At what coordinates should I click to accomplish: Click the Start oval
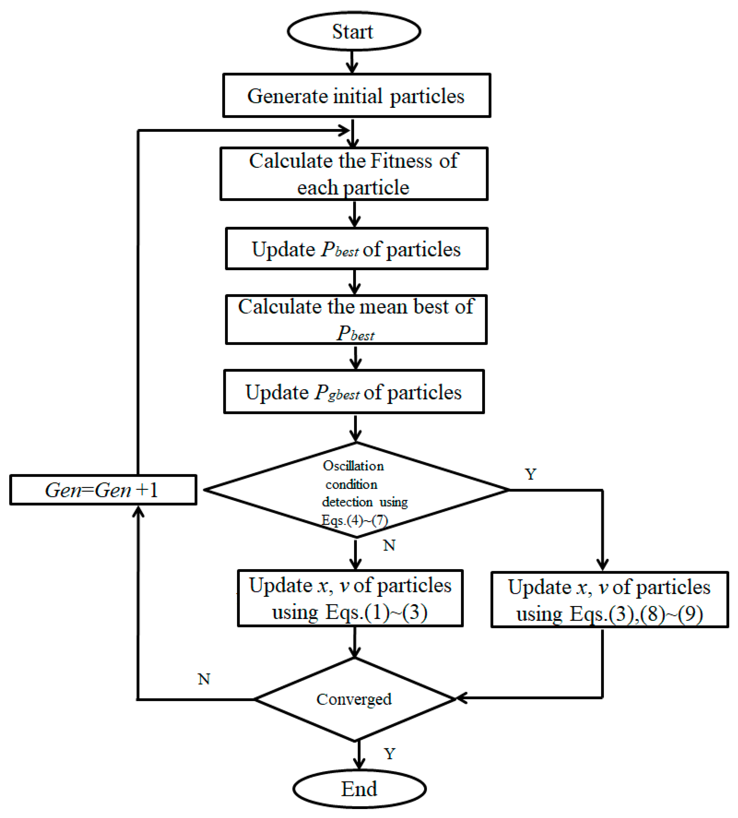coord(353,32)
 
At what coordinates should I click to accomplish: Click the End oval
coord(359,789)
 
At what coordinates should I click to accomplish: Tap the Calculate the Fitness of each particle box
coord(353,174)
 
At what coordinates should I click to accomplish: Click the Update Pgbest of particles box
coord(353,392)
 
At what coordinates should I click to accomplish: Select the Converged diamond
coord(354,699)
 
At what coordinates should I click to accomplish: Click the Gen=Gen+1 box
coord(103,490)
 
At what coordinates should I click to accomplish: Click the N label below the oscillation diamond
coord(389,545)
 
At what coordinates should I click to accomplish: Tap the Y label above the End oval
coord(389,754)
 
